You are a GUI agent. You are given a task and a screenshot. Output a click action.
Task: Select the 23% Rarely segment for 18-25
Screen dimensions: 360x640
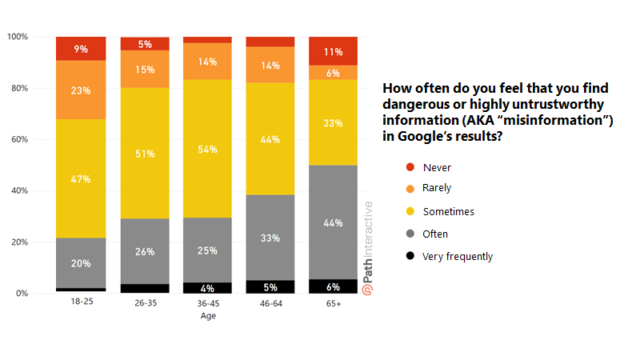click(x=81, y=90)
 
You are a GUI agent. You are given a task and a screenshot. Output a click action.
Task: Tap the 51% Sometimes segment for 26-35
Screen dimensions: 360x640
click(x=145, y=153)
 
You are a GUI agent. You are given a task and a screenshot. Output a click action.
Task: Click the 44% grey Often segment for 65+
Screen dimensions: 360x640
click(x=333, y=222)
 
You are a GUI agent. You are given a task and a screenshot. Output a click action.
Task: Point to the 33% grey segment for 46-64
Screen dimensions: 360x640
click(x=270, y=238)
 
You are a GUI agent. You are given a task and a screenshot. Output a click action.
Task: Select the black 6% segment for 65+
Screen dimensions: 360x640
click(x=333, y=286)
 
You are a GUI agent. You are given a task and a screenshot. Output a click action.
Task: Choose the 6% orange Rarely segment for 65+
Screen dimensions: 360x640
click(x=333, y=73)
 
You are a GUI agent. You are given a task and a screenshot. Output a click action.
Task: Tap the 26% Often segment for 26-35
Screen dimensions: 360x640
click(x=145, y=251)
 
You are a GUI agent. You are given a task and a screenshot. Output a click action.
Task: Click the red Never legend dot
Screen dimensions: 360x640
click(x=410, y=166)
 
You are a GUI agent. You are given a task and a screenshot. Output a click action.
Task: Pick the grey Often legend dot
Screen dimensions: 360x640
click(x=410, y=234)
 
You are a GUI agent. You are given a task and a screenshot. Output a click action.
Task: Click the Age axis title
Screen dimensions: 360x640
click(x=207, y=316)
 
